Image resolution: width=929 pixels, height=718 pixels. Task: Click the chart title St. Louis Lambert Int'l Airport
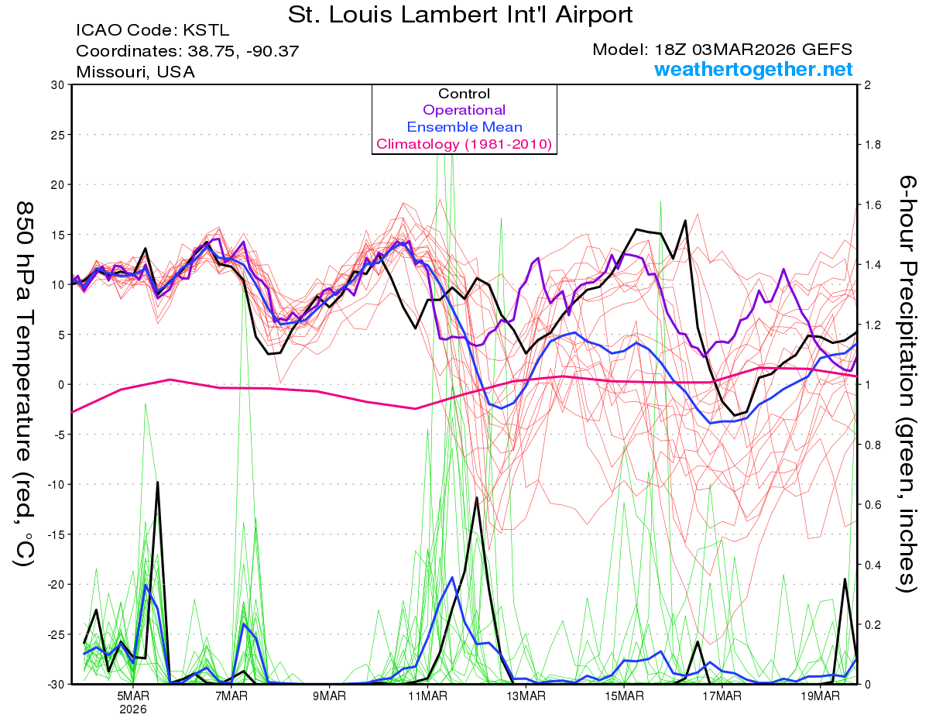(460, 15)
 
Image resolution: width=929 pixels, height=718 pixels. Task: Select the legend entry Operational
(464, 110)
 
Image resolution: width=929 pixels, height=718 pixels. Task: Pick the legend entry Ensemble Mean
(464, 127)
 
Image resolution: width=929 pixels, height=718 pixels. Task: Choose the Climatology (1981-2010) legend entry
(464, 144)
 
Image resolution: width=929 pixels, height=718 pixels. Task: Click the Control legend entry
(464, 94)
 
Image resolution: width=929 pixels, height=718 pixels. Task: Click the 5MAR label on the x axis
(133, 696)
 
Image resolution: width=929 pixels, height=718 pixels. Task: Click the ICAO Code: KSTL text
(153, 31)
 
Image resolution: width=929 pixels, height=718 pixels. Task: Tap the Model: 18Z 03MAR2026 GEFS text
(722, 50)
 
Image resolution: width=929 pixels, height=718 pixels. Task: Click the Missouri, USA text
(135, 72)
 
